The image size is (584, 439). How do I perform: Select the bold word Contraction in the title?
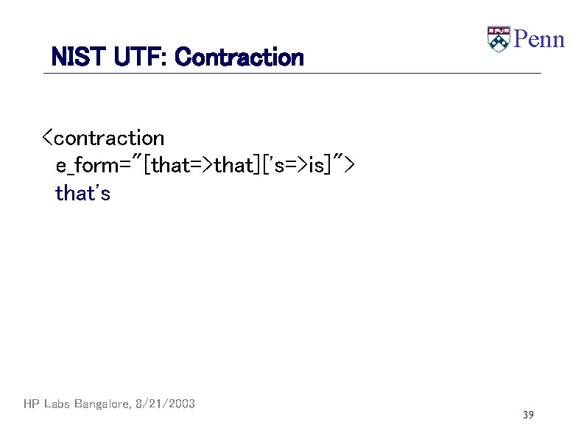(x=239, y=57)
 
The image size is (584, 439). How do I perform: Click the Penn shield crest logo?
(x=499, y=39)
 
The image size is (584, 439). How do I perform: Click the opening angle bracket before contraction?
(x=46, y=138)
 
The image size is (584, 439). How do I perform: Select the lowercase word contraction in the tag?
(x=109, y=138)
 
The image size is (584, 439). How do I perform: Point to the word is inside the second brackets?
(x=316, y=166)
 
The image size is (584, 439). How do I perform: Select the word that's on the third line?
(x=82, y=194)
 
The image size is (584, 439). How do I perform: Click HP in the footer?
(x=31, y=404)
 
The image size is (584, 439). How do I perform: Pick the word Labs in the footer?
(x=56, y=404)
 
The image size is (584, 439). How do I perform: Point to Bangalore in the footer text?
(x=102, y=404)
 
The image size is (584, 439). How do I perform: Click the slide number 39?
(x=528, y=415)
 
